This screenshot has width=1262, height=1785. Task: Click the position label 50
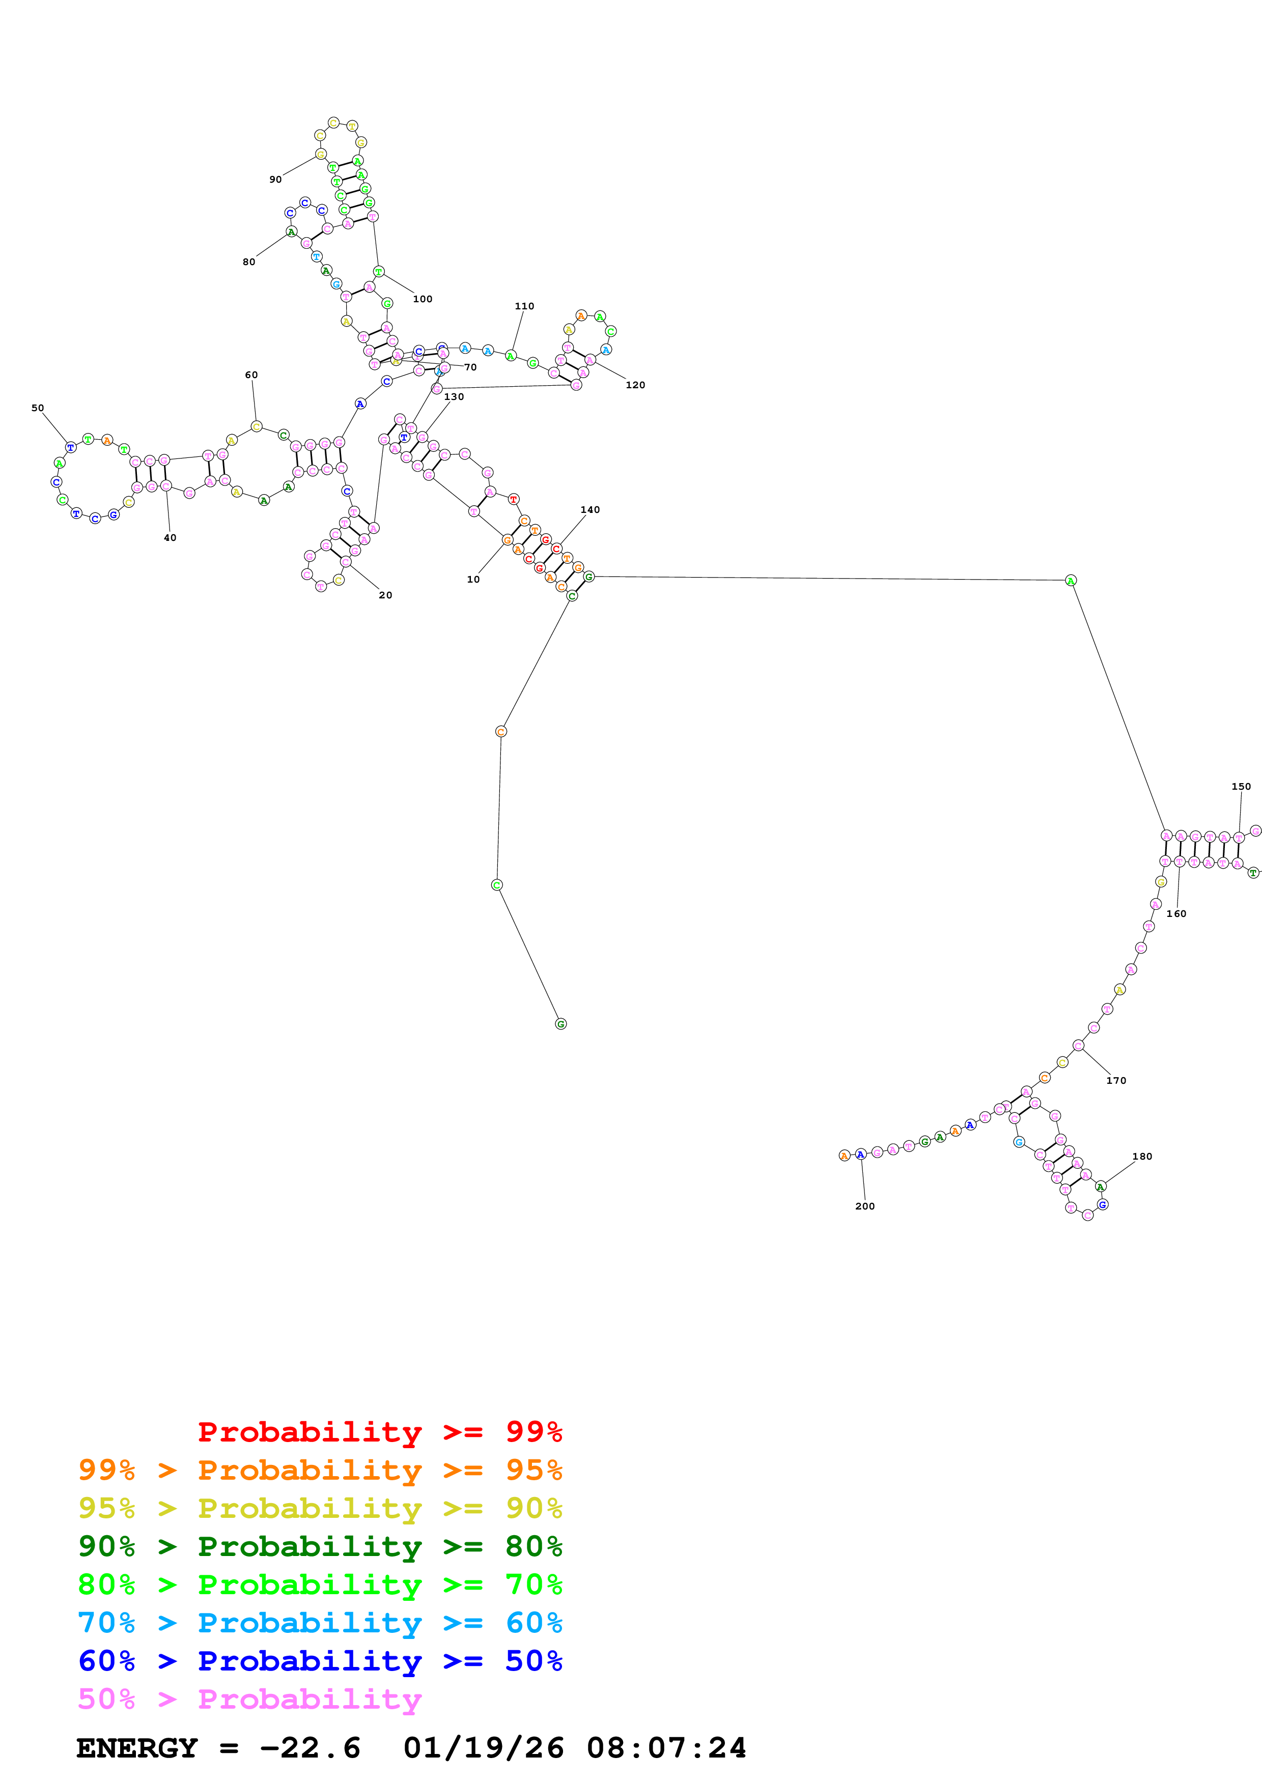pyautogui.click(x=37, y=408)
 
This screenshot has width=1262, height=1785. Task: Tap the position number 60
pyautogui.click(x=251, y=375)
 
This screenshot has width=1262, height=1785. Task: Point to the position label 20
pyautogui.click(x=385, y=595)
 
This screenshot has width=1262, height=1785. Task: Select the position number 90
pyautogui.click(x=275, y=180)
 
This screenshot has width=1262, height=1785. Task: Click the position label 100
pyautogui.click(x=422, y=299)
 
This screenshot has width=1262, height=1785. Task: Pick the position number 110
pyautogui.click(x=524, y=306)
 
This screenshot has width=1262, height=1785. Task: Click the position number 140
pyautogui.click(x=590, y=510)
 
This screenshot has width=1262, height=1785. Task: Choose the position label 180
pyautogui.click(x=1141, y=1156)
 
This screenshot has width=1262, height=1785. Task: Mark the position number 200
pyautogui.click(x=864, y=1206)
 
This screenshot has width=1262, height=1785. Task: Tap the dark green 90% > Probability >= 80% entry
pyautogui.click(x=320, y=1546)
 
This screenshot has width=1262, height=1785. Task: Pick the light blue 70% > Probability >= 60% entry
pyautogui.click(x=320, y=1623)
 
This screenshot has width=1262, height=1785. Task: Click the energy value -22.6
pyautogui.click(x=310, y=1748)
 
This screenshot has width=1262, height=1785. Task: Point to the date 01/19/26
pyautogui.click(x=483, y=1748)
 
